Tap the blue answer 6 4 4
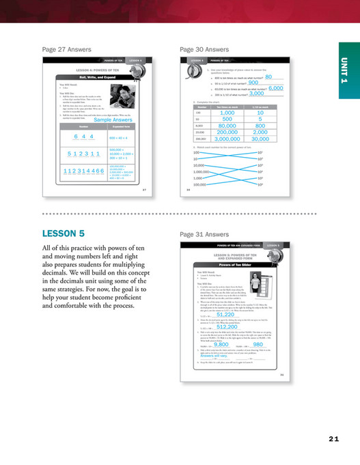[83, 137]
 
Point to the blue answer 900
[258, 83]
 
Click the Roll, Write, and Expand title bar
[96, 78]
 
